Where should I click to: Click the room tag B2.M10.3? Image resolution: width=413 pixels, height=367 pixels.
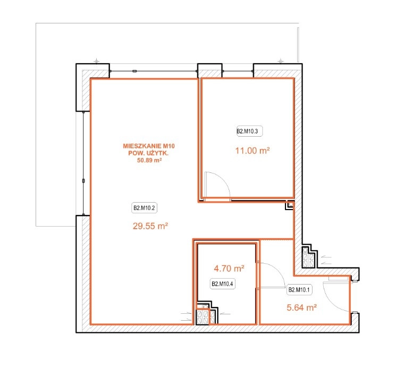249,131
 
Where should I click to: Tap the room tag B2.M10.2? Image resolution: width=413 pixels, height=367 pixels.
144,208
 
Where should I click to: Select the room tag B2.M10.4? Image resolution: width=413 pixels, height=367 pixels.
222,284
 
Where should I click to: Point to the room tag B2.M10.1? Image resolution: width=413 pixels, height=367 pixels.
299,290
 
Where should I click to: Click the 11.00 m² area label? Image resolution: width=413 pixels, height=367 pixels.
252,151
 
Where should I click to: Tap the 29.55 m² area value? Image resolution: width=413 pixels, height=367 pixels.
150,226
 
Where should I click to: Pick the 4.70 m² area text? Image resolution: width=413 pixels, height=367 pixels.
229,269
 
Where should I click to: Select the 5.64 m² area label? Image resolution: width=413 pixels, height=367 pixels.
301,307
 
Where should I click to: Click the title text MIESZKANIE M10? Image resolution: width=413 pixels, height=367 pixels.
149,146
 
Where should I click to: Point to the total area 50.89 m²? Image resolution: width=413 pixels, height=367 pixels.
149,160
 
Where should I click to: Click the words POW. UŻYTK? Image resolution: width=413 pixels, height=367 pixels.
148,153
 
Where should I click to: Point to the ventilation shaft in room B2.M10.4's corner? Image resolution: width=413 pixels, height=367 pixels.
206,313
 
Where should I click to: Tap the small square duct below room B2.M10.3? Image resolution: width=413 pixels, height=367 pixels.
290,205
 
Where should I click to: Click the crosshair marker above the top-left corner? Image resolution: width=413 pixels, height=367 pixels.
97,61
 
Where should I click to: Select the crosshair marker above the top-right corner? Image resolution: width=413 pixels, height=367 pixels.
281,61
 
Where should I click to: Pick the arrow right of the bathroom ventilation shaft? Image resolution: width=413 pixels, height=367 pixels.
225,314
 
